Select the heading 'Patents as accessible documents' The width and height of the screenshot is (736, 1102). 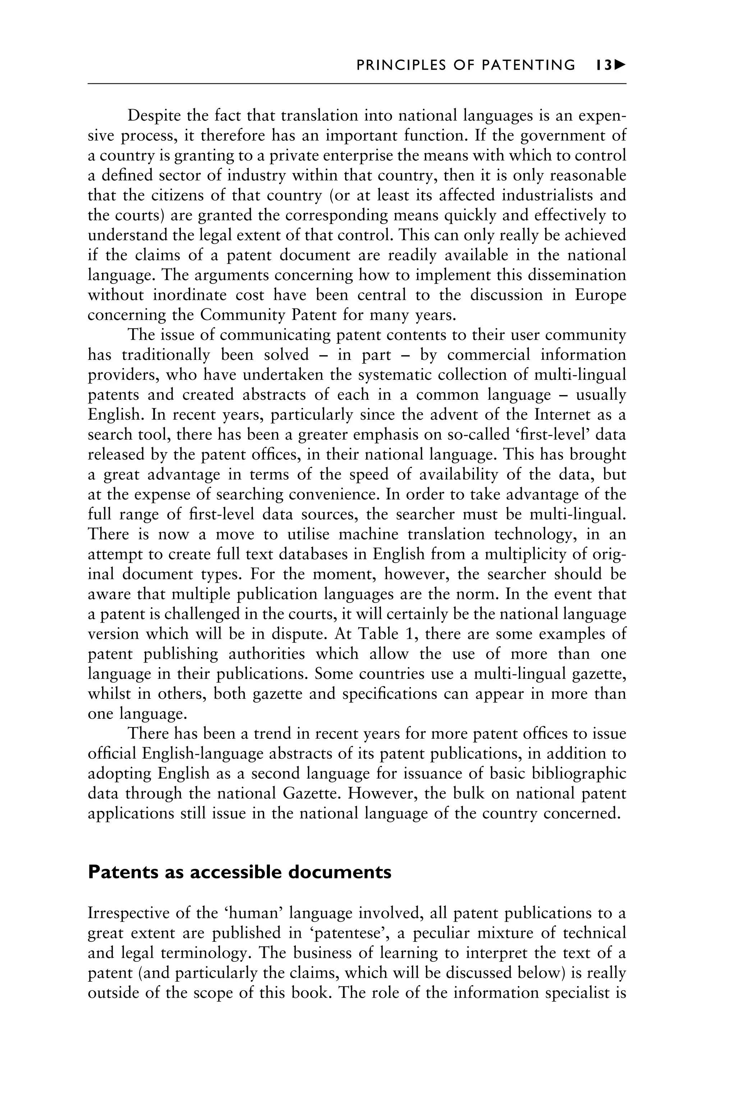tap(239, 872)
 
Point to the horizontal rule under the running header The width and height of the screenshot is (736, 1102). tap(357, 84)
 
